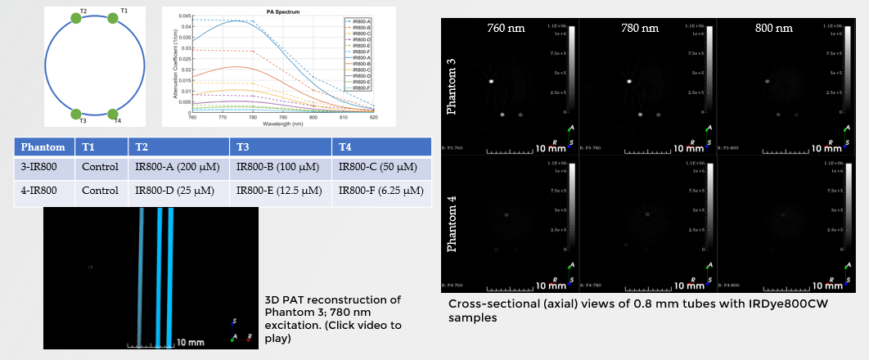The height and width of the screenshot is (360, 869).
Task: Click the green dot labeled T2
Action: [76, 18]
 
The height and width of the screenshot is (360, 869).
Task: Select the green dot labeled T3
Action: [76, 115]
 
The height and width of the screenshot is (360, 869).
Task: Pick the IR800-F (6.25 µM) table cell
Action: [380, 191]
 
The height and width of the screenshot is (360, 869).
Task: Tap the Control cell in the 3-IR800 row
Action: [101, 169]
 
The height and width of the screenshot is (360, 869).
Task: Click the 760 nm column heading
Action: [506, 28]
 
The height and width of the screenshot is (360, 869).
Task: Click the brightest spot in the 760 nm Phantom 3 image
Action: [492, 82]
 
